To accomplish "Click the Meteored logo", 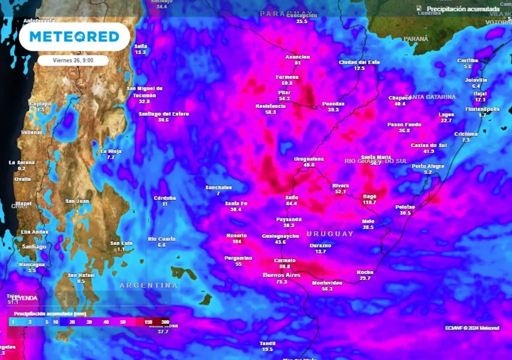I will point(74,36).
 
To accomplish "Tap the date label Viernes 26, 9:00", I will point(73,60).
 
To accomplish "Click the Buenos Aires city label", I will point(282,275).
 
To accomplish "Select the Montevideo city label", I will point(327,283).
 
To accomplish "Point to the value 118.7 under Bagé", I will point(369,202).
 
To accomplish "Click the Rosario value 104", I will point(237,241).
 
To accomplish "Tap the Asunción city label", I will point(297,57).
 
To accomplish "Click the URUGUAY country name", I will point(330,234).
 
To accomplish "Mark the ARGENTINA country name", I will point(148,285).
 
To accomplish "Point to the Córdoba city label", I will point(164,198).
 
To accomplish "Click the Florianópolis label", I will point(482,109).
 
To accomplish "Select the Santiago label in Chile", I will point(34,246).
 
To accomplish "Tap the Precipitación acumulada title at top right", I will point(463,8).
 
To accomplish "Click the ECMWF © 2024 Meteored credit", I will point(472,328).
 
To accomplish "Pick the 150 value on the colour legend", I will point(148,322).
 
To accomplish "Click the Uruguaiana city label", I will point(308,159).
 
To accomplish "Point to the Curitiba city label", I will point(467,60).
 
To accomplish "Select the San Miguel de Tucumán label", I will point(144,91).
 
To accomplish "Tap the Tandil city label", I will point(267,343).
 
